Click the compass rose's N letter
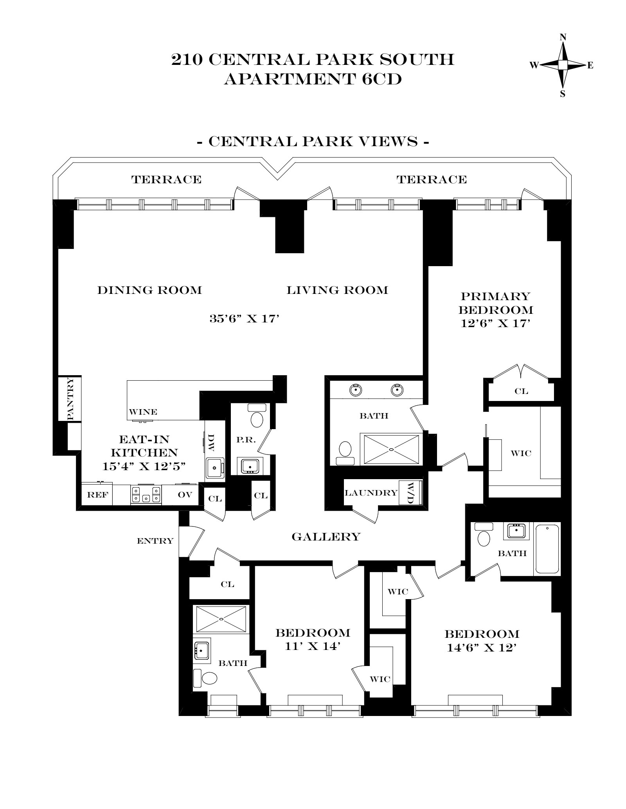[563, 38]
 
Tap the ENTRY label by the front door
[155, 541]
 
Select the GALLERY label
[326, 537]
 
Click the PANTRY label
[70, 399]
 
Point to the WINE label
[143, 412]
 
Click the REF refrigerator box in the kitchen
[97, 495]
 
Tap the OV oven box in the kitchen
[185, 494]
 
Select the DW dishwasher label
[212, 442]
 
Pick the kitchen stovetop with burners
[146, 495]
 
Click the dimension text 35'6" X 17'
[245, 319]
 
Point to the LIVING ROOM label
[337, 290]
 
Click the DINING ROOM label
[149, 290]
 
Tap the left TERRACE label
[166, 179]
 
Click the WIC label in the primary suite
[521, 453]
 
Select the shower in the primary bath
[391, 450]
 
